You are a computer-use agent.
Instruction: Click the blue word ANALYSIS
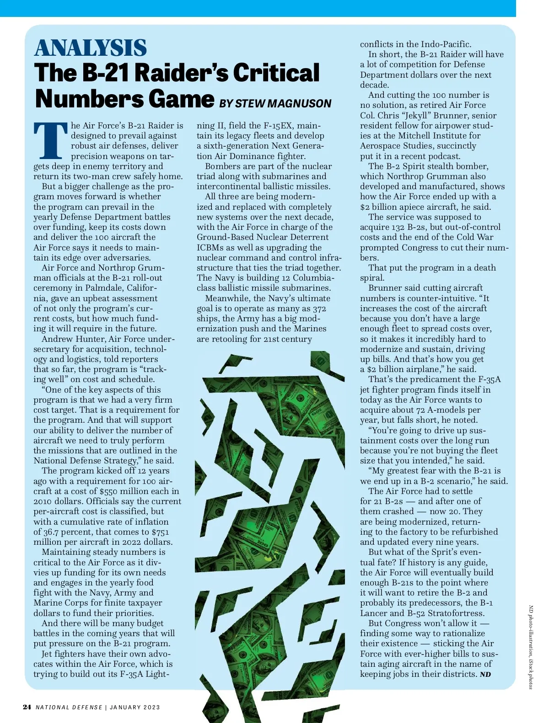(x=91, y=48)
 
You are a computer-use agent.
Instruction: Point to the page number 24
(x=27, y=707)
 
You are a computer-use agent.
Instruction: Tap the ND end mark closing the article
(x=485, y=675)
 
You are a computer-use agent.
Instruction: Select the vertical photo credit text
(x=531, y=647)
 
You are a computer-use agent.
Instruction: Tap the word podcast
(x=444, y=156)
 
